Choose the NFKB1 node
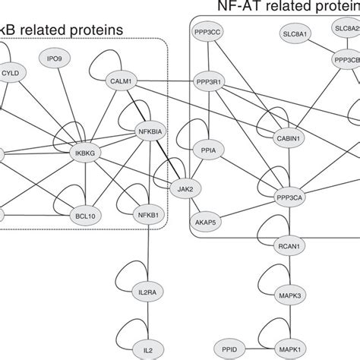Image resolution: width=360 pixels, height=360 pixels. (x=149, y=215)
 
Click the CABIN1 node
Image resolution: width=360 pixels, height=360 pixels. (x=289, y=138)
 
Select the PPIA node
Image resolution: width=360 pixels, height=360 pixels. (x=210, y=150)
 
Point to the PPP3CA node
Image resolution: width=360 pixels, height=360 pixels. (x=290, y=197)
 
